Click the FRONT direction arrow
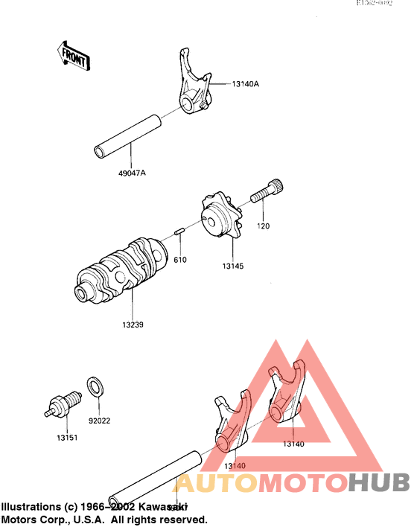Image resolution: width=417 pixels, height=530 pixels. tap(73, 56)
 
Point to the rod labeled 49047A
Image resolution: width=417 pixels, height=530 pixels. tap(127, 135)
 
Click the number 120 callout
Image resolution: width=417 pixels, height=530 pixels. tap(263, 226)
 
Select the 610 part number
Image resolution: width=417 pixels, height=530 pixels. tap(180, 260)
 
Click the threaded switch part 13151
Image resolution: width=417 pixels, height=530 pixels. tap(63, 403)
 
